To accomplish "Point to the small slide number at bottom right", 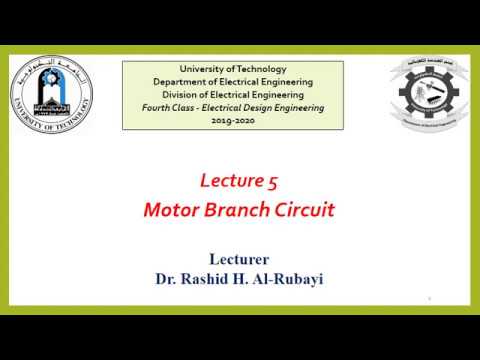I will (x=428, y=298).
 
